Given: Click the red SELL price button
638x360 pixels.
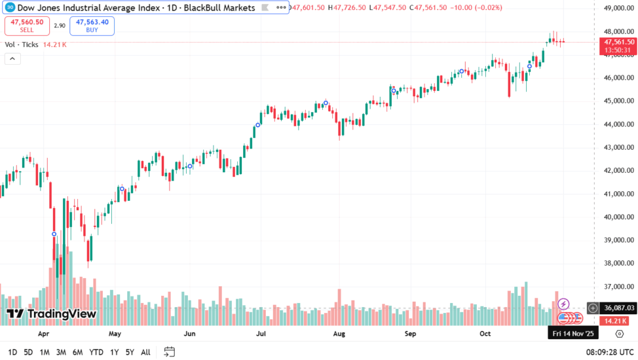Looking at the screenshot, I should tap(27, 26).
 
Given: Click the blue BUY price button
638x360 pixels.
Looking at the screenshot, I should tap(92, 26).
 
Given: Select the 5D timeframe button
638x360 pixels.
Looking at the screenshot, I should tap(28, 352).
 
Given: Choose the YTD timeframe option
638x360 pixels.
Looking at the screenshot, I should tap(96, 352).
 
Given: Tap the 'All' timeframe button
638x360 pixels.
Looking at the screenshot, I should tap(145, 352).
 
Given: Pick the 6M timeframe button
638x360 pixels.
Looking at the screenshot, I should tap(77, 352).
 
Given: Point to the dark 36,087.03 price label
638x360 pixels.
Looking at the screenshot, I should tap(618, 308).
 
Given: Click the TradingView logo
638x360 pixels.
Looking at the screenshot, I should tap(52, 314).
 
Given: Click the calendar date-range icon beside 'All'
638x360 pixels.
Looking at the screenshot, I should tap(170, 352).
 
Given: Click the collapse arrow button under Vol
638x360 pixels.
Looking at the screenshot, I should tap(12, 58).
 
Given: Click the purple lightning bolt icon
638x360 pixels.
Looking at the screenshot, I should tap(563, 304).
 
